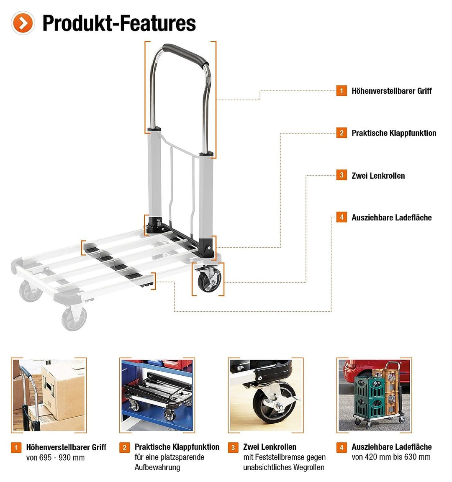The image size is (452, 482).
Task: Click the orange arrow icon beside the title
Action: click(x=23, y=23)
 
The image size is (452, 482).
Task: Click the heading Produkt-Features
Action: click(x=119, y=23)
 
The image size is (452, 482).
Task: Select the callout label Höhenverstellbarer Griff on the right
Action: click(x=391, y=91)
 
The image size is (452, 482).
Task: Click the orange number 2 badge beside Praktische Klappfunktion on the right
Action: click(x=342, y=133)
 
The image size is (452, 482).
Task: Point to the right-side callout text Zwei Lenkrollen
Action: click(x=378, y=176)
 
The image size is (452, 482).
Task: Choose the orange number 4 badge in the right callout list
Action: click(x=342, y=217)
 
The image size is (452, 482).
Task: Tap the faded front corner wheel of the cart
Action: click(x=74, y=318)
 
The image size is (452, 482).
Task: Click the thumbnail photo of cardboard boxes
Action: click(x=49, y=395)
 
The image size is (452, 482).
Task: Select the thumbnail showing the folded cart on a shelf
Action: click(x=157, y=395)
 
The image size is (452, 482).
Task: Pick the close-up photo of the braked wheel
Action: click(x=266, y=395)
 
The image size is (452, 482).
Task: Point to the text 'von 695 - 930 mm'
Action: click(x=55, y=458)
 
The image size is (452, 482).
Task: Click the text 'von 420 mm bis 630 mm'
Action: click(x=391, y=457)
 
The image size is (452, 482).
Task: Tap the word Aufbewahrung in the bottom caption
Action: click(x=157, y=467)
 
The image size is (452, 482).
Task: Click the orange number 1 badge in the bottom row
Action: click(x=16, y=447)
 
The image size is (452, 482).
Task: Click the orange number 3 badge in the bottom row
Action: click(x=233, y=447)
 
